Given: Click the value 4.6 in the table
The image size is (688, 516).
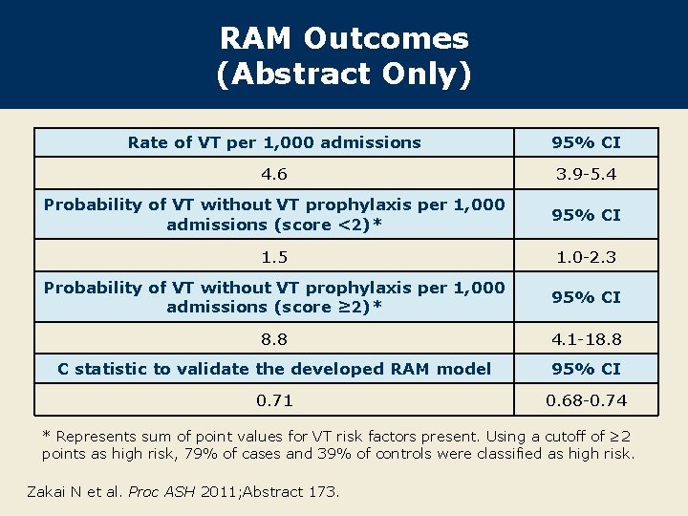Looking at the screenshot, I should tap(274, 175).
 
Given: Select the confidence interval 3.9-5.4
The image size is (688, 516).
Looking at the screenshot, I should tap(586, 175).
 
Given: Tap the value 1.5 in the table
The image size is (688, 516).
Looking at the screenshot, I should tap(274, 257).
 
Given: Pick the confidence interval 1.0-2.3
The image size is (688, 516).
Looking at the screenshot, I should tap(586, 257).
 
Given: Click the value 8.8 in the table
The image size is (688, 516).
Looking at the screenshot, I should tap(274, 338).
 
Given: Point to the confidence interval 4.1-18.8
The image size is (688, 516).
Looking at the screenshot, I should tap(586, 338).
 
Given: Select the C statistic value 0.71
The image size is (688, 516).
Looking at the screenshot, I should tap(274, 400).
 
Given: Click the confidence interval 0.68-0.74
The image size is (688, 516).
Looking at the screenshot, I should tap(586, 400).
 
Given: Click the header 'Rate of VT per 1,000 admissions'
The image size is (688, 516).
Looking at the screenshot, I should tap(274, 142).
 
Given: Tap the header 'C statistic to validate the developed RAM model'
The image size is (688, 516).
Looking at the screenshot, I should tap(274, 369).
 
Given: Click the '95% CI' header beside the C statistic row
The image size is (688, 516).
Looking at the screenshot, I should tap(586, 369).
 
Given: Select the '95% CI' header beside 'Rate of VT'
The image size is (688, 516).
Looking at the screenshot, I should tap(586, 142).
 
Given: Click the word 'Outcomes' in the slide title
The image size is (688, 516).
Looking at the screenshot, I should tap(386, 39).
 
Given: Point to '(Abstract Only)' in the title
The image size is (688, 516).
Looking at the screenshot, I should tap(344, 75).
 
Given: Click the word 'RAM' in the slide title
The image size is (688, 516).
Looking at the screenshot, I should tap(257, 39).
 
